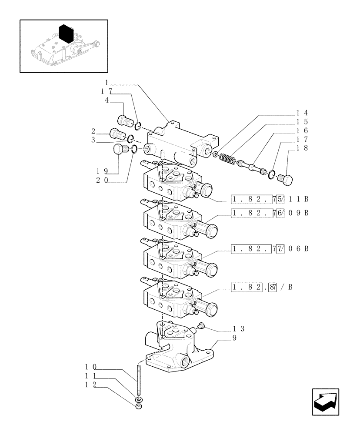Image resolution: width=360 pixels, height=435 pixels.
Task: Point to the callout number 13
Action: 239,328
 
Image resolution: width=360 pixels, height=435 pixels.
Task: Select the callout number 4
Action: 106,100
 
